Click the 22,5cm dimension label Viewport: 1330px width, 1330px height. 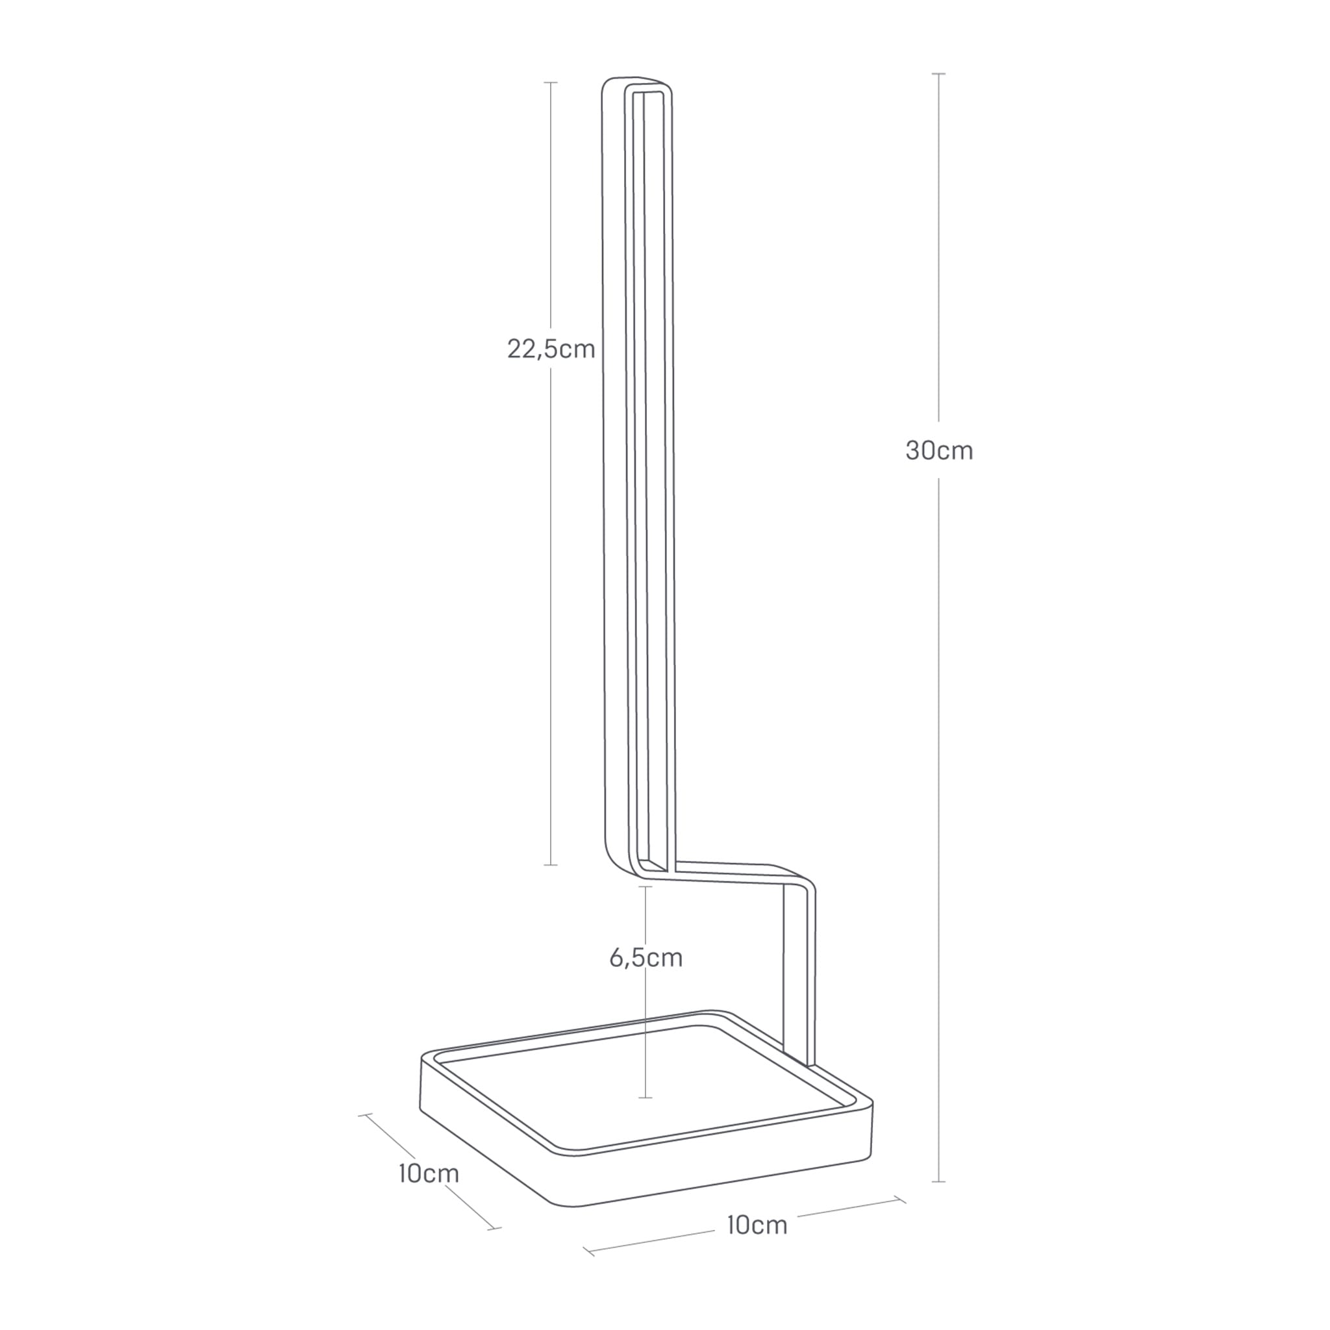tap(551, 349)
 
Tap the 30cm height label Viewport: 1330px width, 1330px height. tap(939, 451)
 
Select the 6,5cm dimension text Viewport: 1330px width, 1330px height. tap(645, 958)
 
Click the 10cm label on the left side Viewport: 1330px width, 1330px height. tap(428, 1173)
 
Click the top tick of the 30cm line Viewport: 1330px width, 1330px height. tap(938, 73)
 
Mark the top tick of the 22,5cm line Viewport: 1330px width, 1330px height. tap(551, 82)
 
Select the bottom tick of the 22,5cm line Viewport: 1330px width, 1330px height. tap(551, 864)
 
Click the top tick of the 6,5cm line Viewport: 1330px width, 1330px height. tap(645, 886)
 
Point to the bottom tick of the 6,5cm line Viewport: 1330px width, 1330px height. tap(645, 1098)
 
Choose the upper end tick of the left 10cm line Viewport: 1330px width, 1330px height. tap(366, 1114)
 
